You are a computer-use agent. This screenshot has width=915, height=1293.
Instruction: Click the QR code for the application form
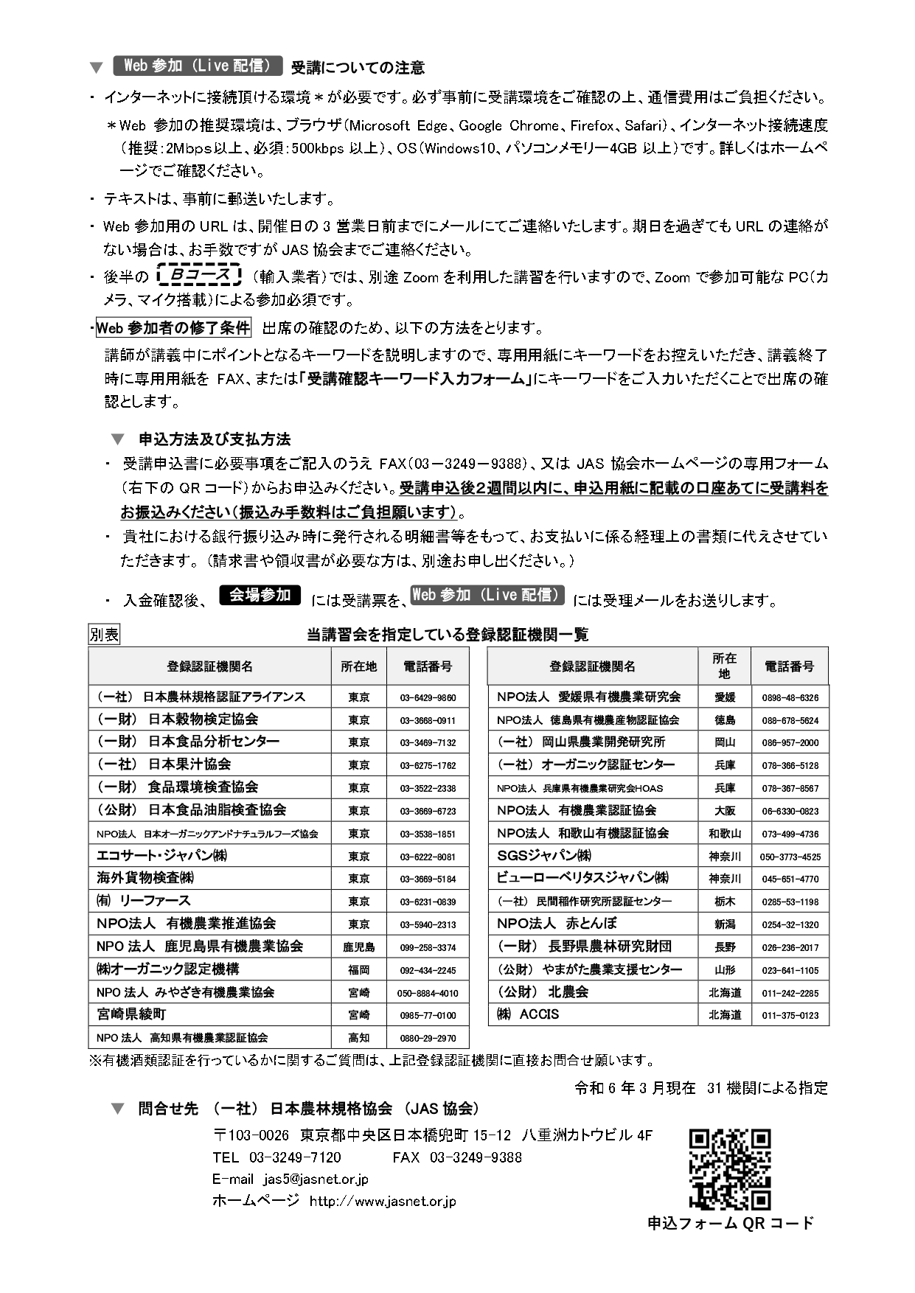(x=729, y=1168)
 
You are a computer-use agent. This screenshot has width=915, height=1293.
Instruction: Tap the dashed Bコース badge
(x=199, y=276)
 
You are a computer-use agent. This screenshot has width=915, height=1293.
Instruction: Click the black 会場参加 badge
(x=260, y=595)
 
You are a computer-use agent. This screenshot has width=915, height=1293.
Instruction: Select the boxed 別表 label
(x=104, y=635)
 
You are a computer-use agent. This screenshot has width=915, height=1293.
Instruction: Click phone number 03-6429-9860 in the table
(x=428, y=697)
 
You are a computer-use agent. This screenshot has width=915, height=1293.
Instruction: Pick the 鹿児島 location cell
(x=359, y=947)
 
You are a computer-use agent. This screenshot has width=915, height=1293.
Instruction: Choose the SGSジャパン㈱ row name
(x=544, y=856)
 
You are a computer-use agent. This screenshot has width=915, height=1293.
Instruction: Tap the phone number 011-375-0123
(x=790, y=1015)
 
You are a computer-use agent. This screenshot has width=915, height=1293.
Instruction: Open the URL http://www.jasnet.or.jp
(x=383, y=1202)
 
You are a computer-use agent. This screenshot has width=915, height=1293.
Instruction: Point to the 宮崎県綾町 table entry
(x=131, y=1014)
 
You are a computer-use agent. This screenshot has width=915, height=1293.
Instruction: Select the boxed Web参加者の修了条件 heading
(x=174, y=328)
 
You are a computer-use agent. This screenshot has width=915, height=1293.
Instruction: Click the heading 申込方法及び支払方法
(x=215, y=439)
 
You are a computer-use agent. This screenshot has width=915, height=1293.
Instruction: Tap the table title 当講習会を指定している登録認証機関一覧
(x=448, y=635)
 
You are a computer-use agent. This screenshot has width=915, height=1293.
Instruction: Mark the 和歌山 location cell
(x=725, y=834)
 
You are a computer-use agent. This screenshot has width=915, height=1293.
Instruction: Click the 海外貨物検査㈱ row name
(x=145, y=878)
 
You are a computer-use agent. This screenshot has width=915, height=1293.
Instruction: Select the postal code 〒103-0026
(x=251, y=1135)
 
